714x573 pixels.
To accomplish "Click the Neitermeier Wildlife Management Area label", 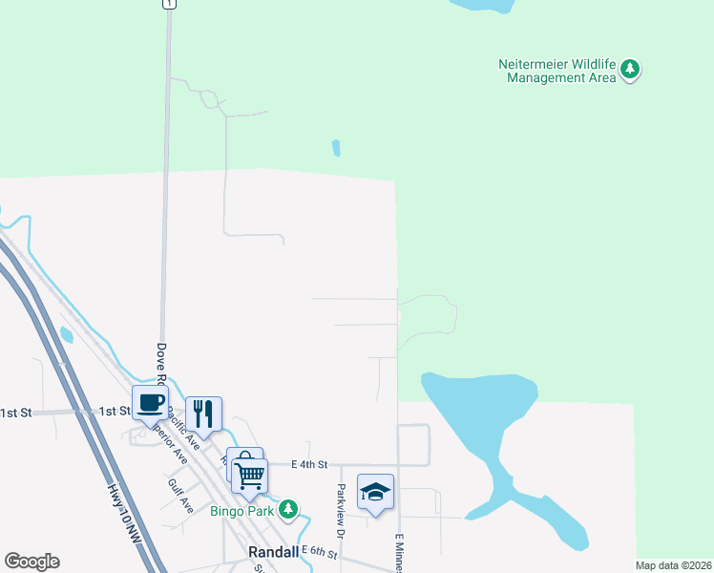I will point(559,71).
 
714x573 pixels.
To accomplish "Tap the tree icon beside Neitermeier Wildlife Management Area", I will point(630,69).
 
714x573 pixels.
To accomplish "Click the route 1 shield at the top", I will point(169,4).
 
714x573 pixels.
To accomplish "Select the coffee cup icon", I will point(150,402).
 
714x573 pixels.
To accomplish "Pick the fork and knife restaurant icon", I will point(203,414).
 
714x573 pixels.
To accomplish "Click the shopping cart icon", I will point(250,474).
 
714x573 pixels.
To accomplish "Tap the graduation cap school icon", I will point(375,492).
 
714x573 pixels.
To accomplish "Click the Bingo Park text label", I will point(242,511).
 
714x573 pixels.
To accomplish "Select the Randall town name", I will point(274,552).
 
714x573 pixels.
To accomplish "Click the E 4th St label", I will point(309,464).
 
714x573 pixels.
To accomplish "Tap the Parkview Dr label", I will point(340,508).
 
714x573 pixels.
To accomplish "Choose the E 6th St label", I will point(320,550).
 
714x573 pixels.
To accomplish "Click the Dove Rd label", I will point(160,364).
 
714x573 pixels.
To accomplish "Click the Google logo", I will point(31,562).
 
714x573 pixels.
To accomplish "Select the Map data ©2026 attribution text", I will point(673,565).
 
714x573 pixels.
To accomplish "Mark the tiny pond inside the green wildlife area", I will point(335,148).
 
